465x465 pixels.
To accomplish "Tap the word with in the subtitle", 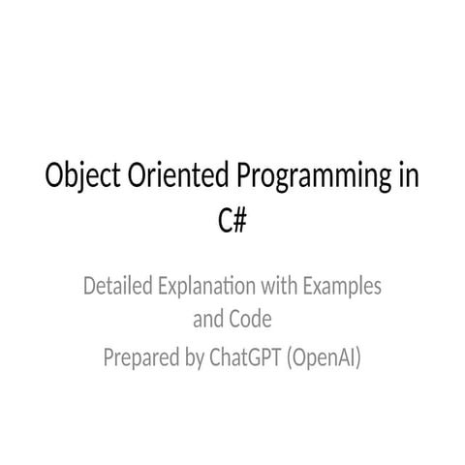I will coord(274,287).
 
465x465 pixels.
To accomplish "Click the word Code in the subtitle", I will coord(249,318).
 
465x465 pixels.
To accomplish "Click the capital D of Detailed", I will coord(90,287).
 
